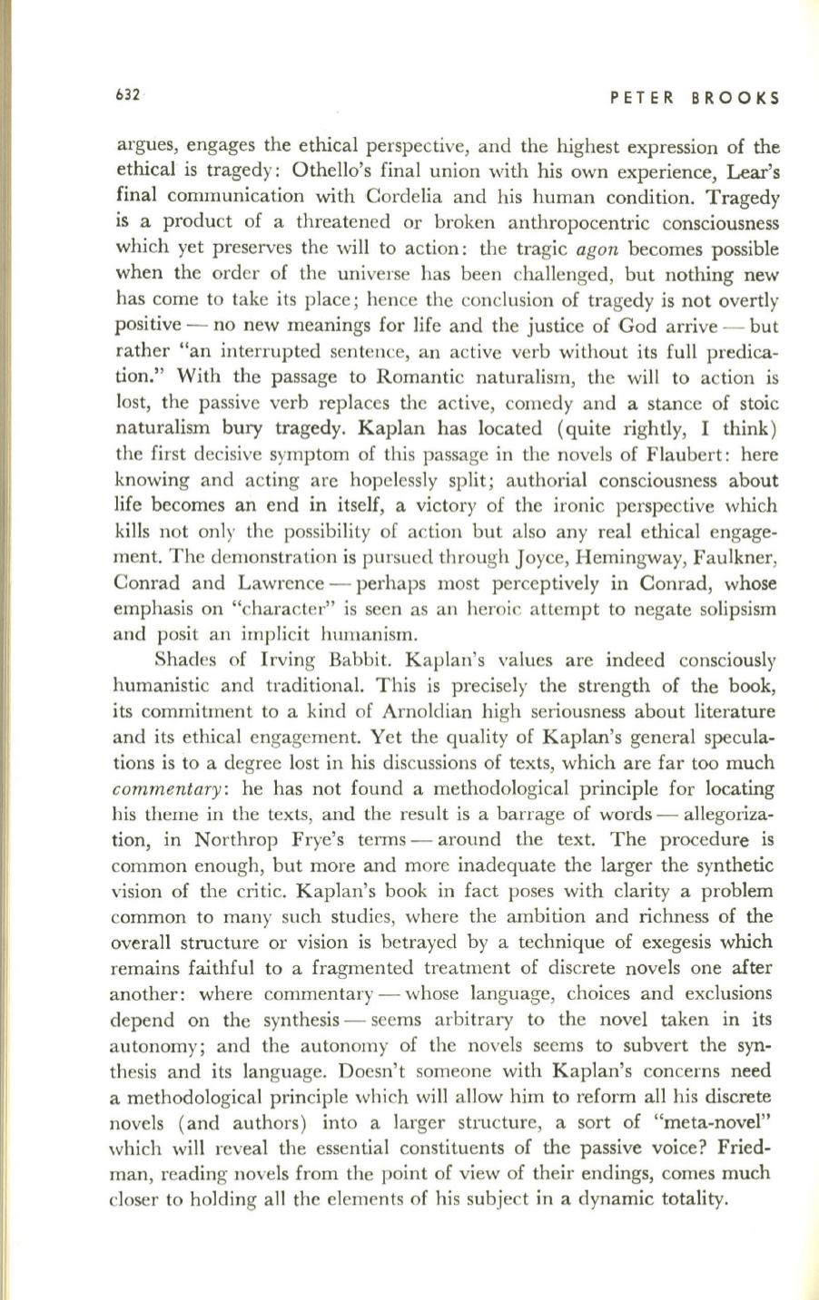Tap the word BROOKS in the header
click(735, 99)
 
